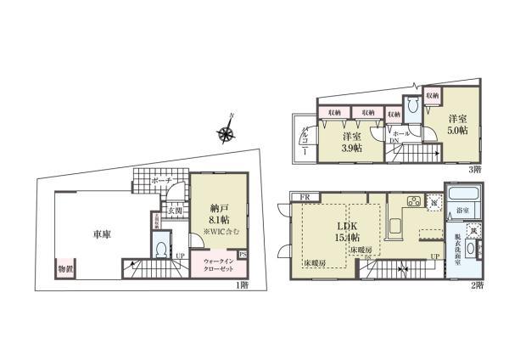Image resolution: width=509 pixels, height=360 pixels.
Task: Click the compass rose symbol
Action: point(227,132)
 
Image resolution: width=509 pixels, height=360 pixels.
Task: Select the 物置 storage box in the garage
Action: point(65,269)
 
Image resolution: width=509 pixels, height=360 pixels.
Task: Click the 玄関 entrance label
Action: point(173,210)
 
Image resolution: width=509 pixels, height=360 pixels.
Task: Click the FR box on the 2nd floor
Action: point(305,197)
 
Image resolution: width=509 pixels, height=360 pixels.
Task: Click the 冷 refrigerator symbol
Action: point(433,203)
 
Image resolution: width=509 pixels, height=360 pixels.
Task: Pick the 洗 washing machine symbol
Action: point(476,230)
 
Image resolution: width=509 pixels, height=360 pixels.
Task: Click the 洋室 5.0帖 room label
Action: point(459,124)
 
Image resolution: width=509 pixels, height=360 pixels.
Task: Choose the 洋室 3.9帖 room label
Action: point(351,142)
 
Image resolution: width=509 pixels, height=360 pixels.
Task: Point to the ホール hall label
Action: point(401,134)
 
